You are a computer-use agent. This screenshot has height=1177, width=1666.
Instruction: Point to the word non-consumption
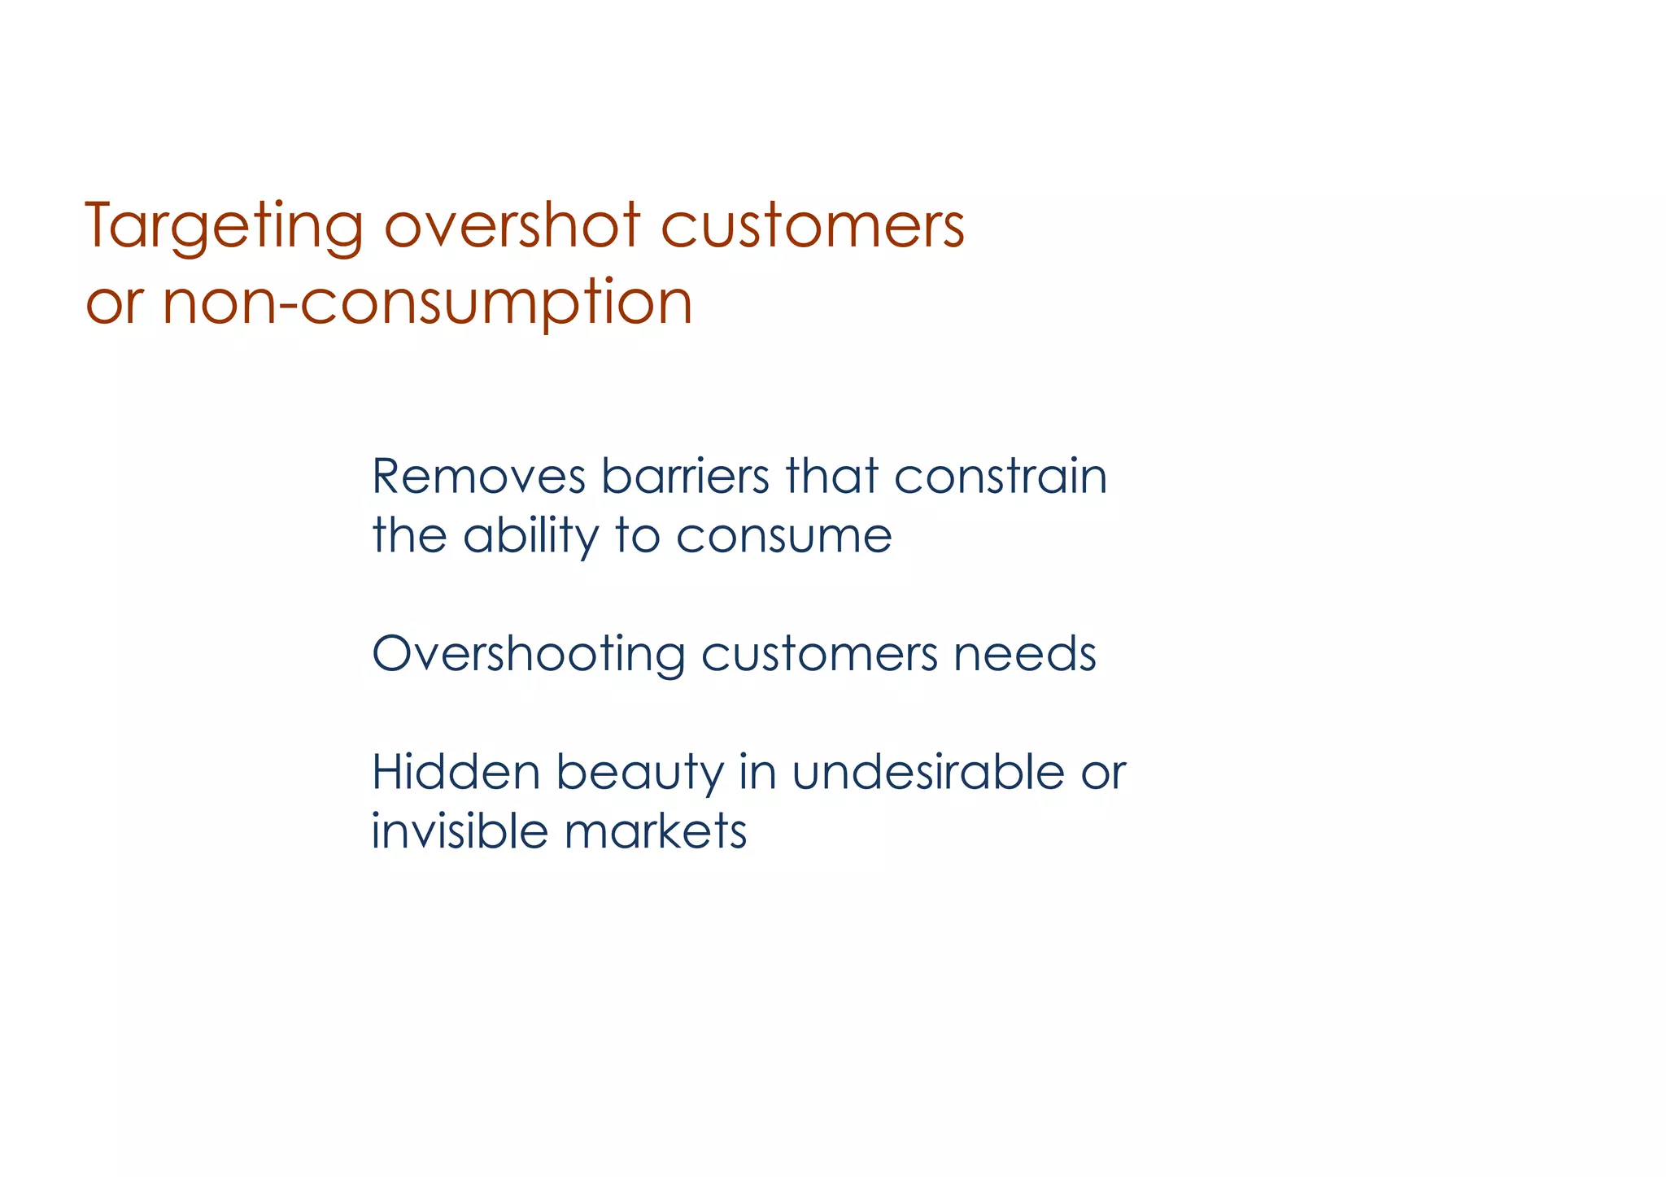point(427,303)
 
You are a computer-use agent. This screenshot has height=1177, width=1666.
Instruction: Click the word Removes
point(478,477)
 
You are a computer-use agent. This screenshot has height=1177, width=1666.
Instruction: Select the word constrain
point(1001,477)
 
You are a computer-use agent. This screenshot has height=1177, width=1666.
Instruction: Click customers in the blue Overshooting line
point(819,654)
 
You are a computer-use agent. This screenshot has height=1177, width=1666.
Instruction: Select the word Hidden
point(456,772)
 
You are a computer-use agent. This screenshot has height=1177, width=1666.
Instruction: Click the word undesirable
point(927,772)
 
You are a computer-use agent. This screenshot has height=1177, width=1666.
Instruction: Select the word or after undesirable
point(1103,774)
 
